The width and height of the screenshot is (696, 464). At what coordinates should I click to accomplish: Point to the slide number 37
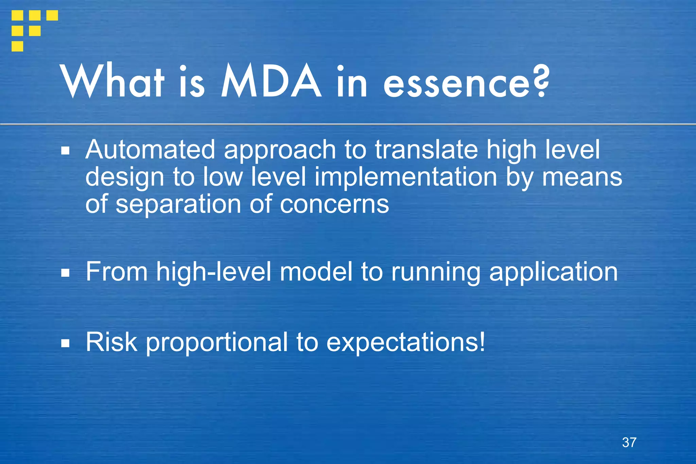(629, 442)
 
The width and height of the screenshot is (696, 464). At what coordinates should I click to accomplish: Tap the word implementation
(406, 177)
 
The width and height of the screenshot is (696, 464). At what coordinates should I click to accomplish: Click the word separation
(178, 204)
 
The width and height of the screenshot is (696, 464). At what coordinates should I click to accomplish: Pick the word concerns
(334, 204)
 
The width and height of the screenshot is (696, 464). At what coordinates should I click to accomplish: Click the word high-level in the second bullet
(214, 272)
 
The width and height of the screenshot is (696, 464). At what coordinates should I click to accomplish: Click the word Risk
(111, 342)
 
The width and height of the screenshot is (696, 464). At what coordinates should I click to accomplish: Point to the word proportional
(217, 343)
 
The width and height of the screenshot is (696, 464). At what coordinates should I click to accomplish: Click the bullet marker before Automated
(66, 151)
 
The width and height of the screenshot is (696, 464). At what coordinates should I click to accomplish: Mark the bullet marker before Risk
(66, 343)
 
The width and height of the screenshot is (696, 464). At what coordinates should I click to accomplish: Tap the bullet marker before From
(66, 273)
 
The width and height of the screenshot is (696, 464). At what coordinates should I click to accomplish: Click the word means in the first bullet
(582, 178)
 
